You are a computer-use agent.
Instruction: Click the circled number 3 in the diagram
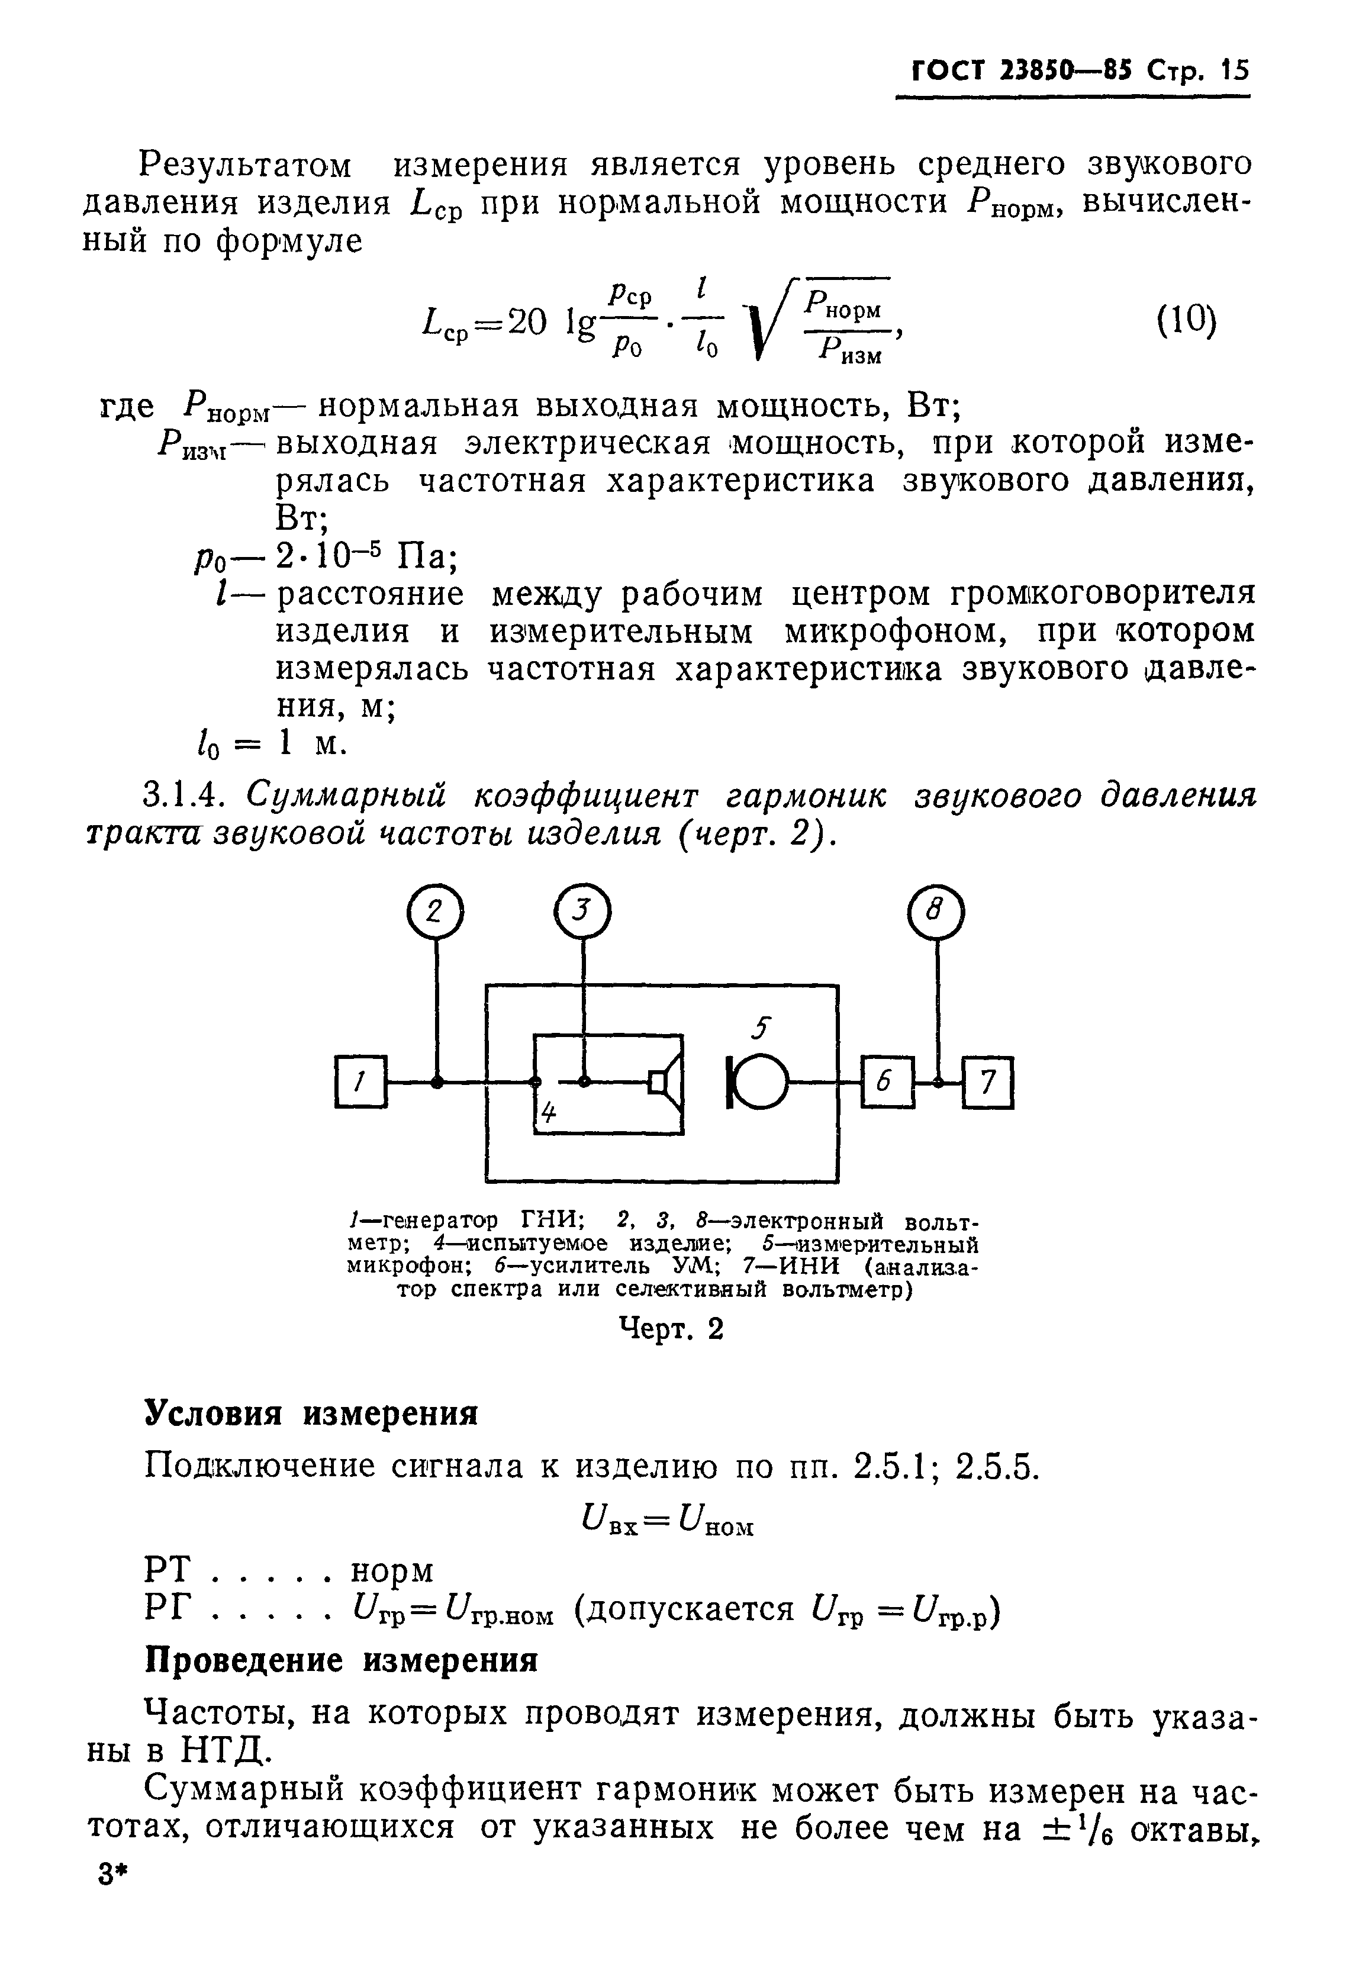click(582, 911)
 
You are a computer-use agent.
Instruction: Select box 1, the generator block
click(361, 1082)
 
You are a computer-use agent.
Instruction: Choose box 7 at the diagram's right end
click(988, 1082)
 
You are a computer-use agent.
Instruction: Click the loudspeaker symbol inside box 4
click(666, 1082)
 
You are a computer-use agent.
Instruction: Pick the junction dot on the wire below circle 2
click(436, 1082)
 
